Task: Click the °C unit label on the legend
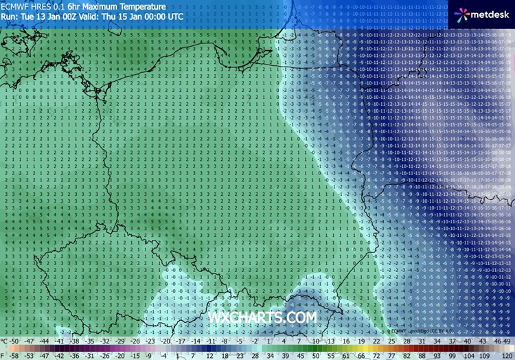(x=5, y=341)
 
